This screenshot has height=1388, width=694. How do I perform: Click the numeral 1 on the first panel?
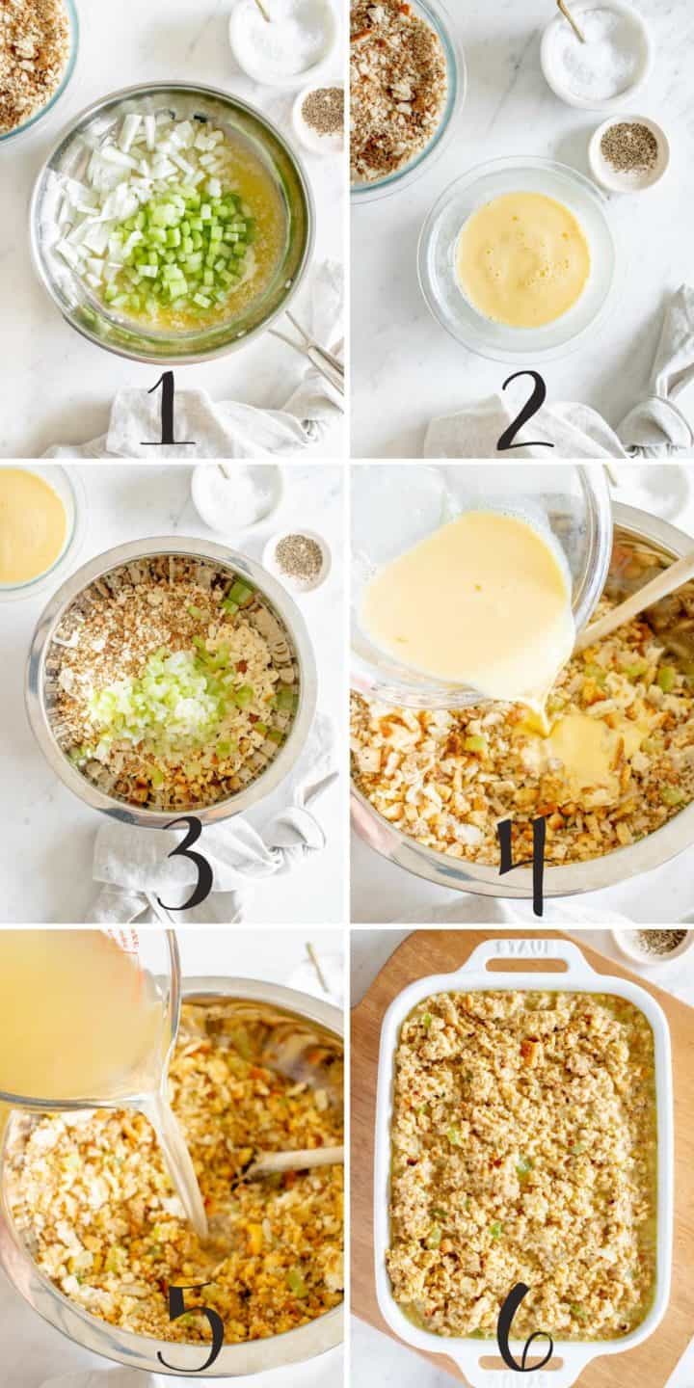click(168, 409)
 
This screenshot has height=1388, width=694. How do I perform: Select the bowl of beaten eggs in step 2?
click(520, 258)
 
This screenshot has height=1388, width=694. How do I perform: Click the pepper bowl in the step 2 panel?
click(628, 151)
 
